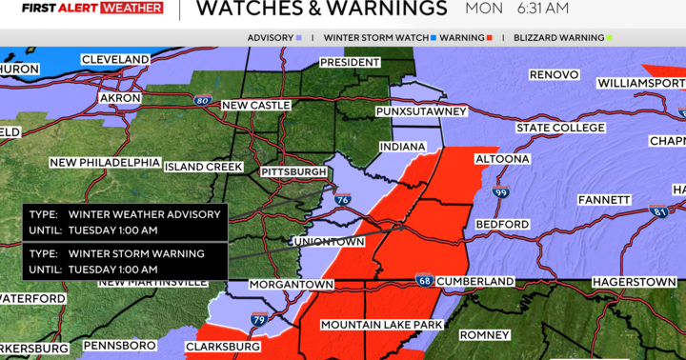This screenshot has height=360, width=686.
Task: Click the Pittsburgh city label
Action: point(294,172)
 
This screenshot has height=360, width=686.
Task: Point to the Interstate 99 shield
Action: point(501,193)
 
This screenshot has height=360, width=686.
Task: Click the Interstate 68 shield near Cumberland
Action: point(423,280)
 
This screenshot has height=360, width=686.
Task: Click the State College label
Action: point(560,128)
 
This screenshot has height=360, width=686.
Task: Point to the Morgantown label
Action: point(292,285)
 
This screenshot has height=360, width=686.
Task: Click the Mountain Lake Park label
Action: point(381,325)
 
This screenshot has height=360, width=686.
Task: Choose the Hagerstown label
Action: point(633,283)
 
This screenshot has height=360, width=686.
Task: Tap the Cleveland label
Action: point(115,59)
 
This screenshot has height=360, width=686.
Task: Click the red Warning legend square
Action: point(490,38)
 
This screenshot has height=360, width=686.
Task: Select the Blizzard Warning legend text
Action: point(558,38)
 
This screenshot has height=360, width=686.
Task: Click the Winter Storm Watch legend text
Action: point(374,38)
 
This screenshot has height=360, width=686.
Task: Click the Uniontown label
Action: point(334,242)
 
